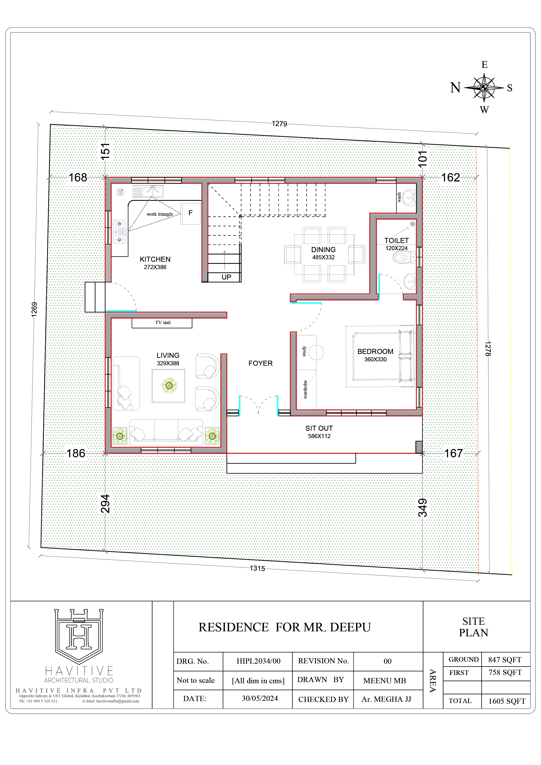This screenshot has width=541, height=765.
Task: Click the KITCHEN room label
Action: tap(155, 259)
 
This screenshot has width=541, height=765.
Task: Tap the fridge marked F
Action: tap(191, 213)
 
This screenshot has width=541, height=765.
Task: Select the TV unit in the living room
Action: tap(162, 323)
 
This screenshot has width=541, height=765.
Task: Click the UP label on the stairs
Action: tap(226, 277)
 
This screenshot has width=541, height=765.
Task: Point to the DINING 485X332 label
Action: tap(323, 253)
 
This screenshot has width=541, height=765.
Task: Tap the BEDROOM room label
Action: tap(375, 352)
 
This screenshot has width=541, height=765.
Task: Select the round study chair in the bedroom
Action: tap(316, 352)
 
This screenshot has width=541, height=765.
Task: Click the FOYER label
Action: tap(260, 363)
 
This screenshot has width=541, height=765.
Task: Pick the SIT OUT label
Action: tap(319, 428)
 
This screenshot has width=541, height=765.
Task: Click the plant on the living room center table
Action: tap(169, 386)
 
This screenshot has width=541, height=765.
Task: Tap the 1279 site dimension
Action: tap(279, 124)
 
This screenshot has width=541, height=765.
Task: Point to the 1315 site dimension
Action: tap(257, 569)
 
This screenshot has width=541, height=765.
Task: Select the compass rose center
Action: tap(484, 88)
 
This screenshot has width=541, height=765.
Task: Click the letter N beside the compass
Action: tap(455, 88)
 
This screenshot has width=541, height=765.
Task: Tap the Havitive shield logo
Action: tap(79, 636)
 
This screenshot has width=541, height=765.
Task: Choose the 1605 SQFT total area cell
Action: tap(507, 701)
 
